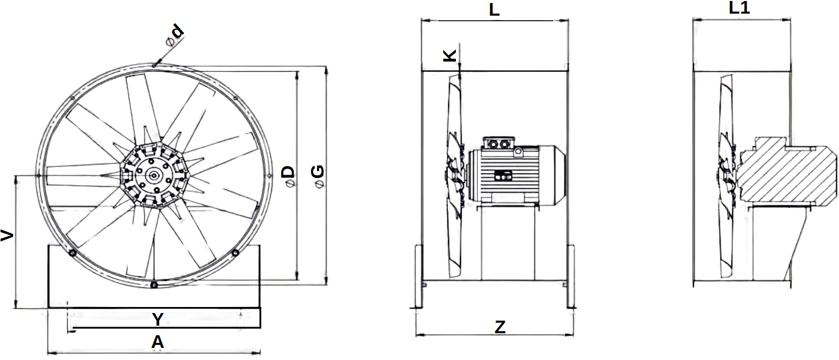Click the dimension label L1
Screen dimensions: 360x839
pyautogui.click(x=740, y=8)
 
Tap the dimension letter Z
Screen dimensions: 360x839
pyautogui.click(x=499, y=327)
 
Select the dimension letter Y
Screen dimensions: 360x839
pyautogui.click(x=158, y=319)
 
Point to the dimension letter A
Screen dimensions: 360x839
pyautogui.click(x=158, y=343)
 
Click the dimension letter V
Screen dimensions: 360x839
pyautogui.click(x=7, y=235)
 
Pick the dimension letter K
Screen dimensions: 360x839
pyautogui.click(x=449, y=55)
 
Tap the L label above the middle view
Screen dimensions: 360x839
pyautogui.click(x=494, y=11)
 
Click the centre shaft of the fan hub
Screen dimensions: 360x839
pyautogui.click(x=152, y=176)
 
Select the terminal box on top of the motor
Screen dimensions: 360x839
pyautogui.click(x=499, y=143)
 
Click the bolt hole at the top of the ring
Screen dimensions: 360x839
pyautogui.click(x=153, y=65)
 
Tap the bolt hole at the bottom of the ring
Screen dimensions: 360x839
pyautogui.click(x=154, y=285)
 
